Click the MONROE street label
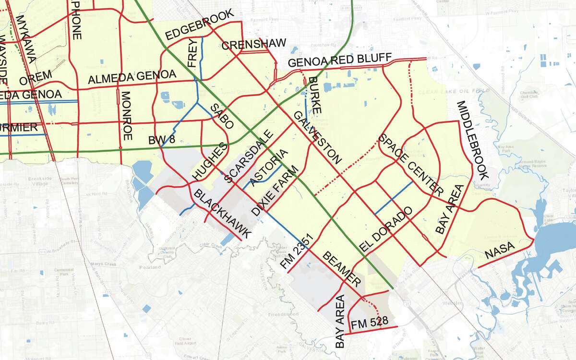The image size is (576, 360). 127,116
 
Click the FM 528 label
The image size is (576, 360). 370,322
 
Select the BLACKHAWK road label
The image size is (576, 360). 222,214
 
